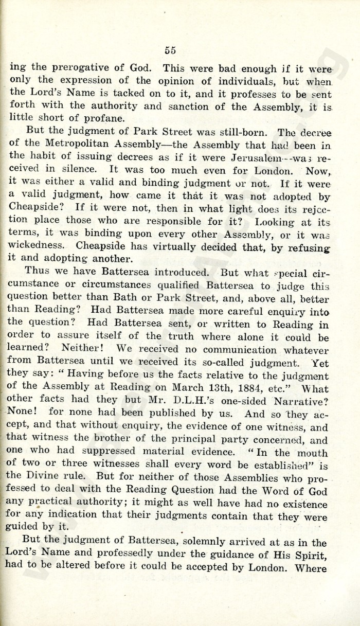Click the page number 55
click(171, 50)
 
